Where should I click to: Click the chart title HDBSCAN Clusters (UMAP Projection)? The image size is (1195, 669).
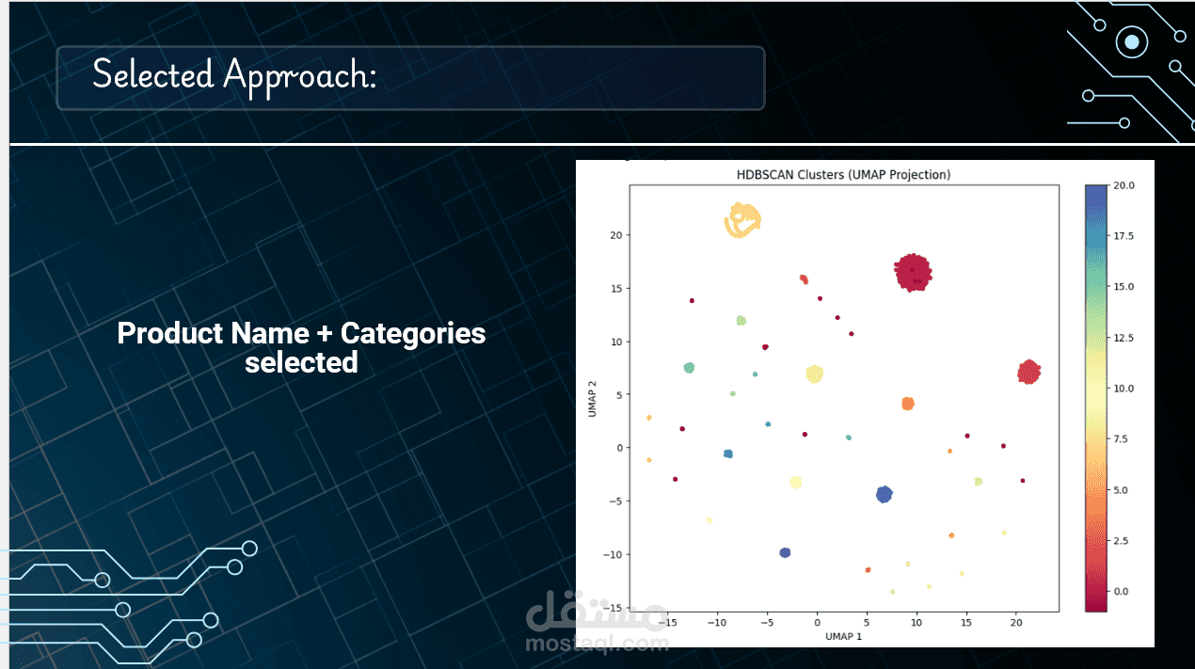(843, 175)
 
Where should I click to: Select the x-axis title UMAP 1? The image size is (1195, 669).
(843, 636)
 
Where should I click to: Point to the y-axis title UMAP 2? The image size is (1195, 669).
(592, 399)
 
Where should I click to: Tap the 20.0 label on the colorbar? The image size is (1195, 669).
(1123, 185)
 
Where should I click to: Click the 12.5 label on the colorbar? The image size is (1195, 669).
(1123, 338)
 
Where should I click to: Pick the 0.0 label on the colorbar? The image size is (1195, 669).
(1121, 591)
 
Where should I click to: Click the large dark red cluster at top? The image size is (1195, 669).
(913, 273)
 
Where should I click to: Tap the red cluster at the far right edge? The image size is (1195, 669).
(1029, 372)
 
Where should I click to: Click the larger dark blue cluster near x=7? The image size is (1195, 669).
(884, 495)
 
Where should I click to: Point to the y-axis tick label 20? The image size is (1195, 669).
(616, 235)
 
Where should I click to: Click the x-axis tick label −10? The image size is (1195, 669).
(717, 623)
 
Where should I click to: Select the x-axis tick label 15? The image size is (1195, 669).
(966, 623)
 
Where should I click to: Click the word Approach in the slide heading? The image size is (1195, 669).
(300, 76)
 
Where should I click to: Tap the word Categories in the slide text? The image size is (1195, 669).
(413, 333)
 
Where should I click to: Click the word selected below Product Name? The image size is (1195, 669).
(301, 363)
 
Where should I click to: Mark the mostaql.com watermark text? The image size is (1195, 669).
(597, 644)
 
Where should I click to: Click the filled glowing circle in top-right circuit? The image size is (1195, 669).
(1132, 41)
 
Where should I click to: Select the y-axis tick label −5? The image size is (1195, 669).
(616, 502)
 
